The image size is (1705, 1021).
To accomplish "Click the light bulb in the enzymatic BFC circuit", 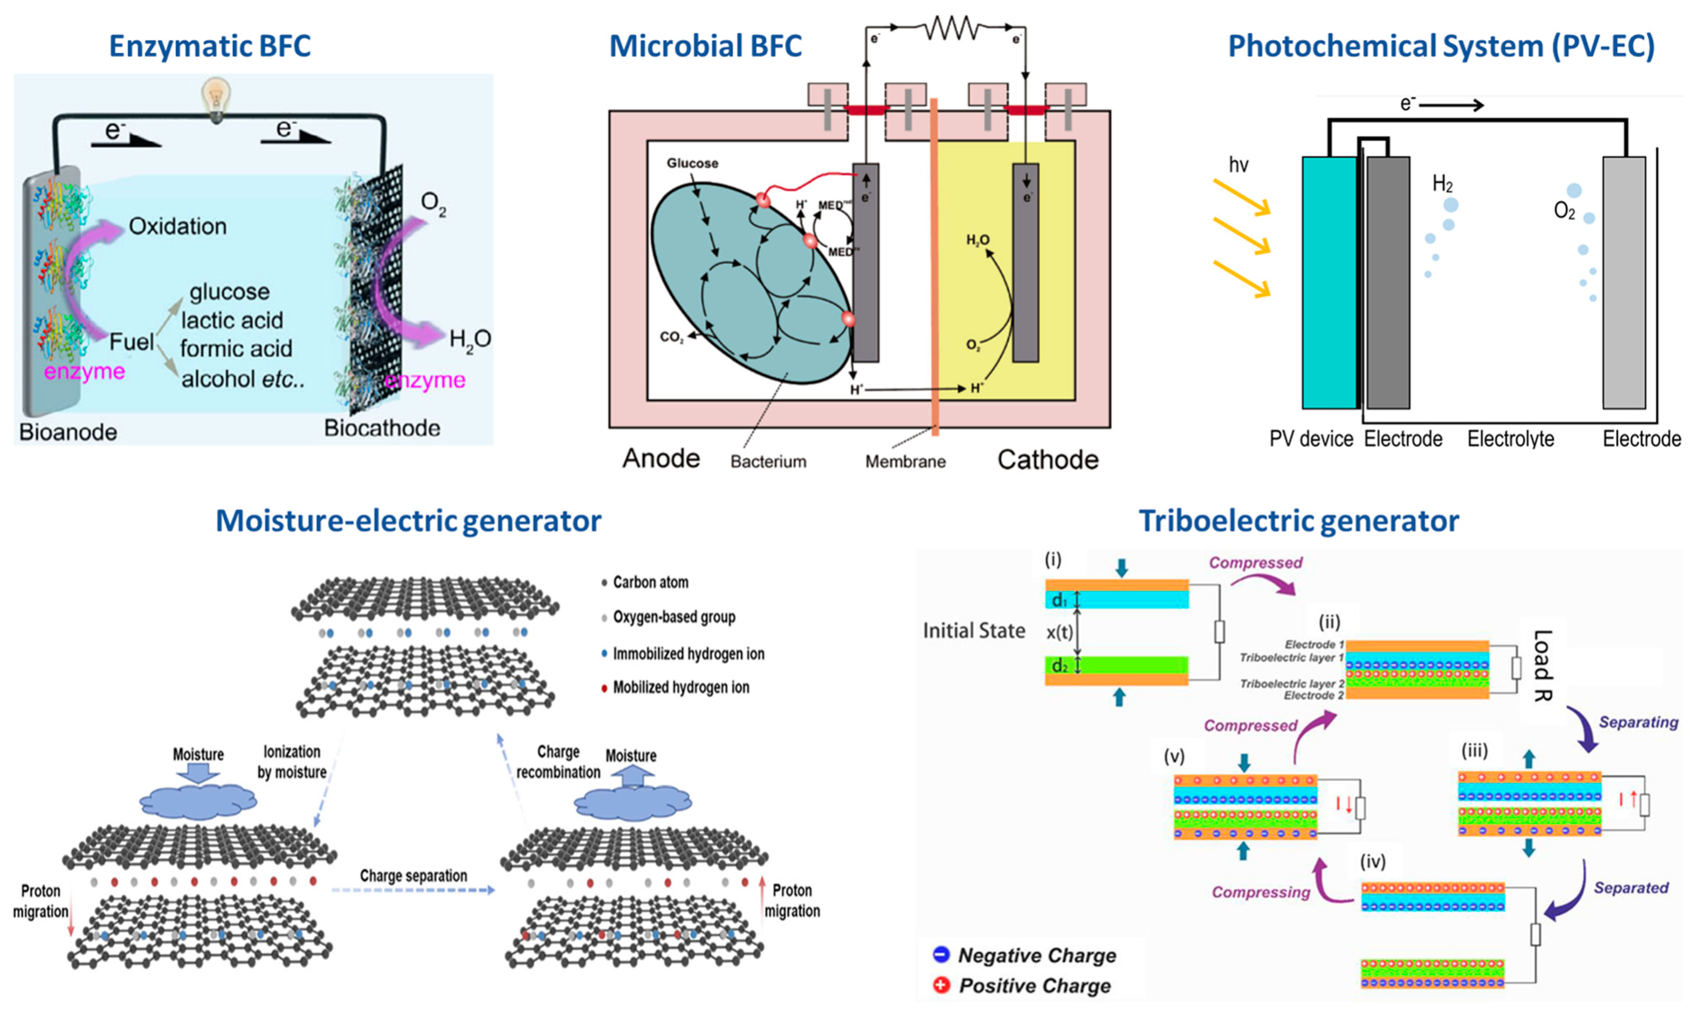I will [216, 100].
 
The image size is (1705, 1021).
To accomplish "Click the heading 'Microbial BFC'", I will [705, 46].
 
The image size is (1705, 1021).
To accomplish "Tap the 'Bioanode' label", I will [68, 432].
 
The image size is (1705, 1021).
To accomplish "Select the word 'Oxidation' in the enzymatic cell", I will [177, 226].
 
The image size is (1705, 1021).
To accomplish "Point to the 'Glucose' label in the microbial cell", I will [692, 163].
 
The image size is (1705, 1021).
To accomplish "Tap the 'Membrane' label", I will [905, 462].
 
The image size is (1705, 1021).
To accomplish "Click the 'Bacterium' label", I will [768, 462].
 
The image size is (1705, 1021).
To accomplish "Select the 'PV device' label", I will [1311, 439].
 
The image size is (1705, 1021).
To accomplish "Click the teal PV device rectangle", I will [1329, 282].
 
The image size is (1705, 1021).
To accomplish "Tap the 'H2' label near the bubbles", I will [1442, 184].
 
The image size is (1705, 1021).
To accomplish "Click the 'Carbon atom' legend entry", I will [650, 582].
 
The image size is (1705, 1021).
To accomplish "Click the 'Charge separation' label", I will [413, 876].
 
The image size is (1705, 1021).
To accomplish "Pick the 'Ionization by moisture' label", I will [292, 762].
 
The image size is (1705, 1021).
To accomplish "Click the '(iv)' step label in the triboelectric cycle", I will [1373, 862].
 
